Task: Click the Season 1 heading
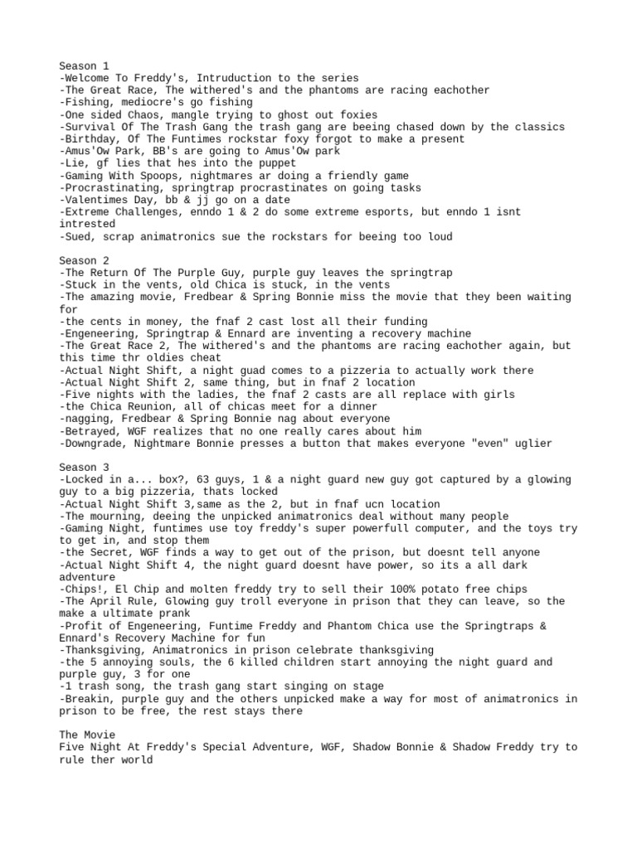pos(84,65)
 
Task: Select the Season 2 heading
pos(84,260)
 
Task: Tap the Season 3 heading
pos(84,467)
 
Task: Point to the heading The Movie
pos(86,735)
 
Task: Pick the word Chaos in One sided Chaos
pos(144,114)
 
